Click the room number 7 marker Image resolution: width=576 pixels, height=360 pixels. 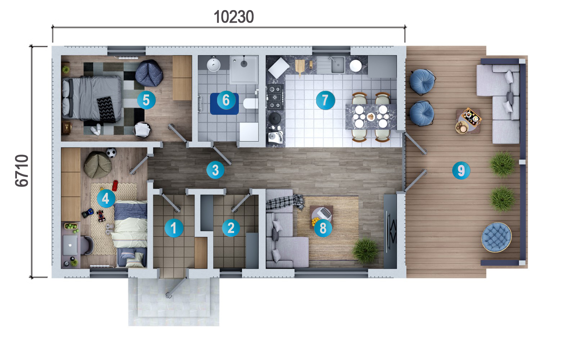point(325,100)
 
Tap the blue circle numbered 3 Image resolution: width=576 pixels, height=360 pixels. point(215,170)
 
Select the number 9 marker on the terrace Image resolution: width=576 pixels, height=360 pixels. point(461,170)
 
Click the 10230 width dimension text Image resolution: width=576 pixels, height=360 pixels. point(234,17)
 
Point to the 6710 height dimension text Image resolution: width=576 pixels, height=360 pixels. point(22,171)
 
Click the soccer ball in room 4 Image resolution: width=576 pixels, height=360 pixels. point(111,153)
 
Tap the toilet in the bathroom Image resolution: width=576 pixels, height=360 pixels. point(251,103)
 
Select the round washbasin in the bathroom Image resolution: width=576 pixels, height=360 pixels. point(213,64)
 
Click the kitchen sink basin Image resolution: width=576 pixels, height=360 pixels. point(338,65)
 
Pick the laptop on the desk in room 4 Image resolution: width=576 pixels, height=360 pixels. point(70,245)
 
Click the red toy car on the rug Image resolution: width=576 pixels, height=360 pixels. point(115,185)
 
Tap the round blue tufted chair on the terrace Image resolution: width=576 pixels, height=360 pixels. point(496,237)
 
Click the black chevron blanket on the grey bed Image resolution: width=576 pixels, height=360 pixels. point(106,109)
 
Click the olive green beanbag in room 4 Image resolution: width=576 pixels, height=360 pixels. point(98,165)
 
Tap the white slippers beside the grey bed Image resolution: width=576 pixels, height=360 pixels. point(96,129)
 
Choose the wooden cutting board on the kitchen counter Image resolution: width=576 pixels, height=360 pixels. point(300,67)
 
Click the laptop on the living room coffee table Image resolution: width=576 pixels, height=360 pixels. point(324,213)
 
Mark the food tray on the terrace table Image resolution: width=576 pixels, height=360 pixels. point(471,117)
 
